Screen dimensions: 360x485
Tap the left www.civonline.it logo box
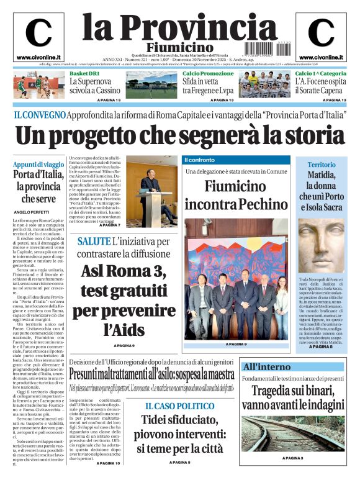click(x=38, y=38)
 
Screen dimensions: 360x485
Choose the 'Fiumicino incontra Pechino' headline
click(x=236, y=194)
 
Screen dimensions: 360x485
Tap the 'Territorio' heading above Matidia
click(x=321, y=165)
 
